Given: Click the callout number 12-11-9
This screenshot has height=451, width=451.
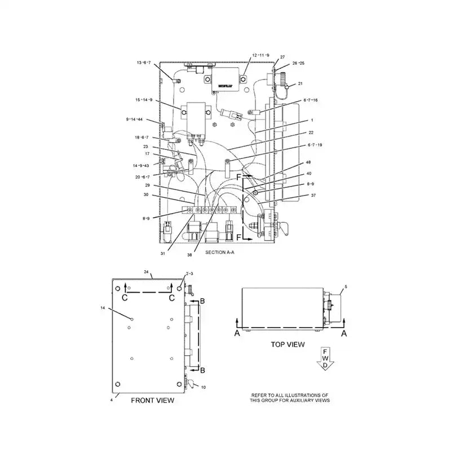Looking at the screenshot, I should click(x=260, y=55).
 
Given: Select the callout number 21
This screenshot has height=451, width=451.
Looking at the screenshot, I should click(x=300, y=83).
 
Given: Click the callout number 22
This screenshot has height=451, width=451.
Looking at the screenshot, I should click(x=311, y=132).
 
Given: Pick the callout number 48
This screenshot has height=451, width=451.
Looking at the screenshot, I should click(x=308, y=162).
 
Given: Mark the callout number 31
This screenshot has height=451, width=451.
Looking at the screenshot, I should click(x=162, y=253).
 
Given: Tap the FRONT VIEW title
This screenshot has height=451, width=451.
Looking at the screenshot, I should click(x=152, y=400).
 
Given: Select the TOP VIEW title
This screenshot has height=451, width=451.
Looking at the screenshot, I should click(x=288, y=343).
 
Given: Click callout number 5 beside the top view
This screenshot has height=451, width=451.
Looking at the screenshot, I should click(x=346, y=287).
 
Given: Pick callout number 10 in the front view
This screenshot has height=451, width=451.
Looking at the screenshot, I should click(x=204, y=387).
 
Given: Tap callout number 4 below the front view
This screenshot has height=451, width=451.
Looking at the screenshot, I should click(x=112, y=399).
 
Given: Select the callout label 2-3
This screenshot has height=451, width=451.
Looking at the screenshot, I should click(x=189, y=273).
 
